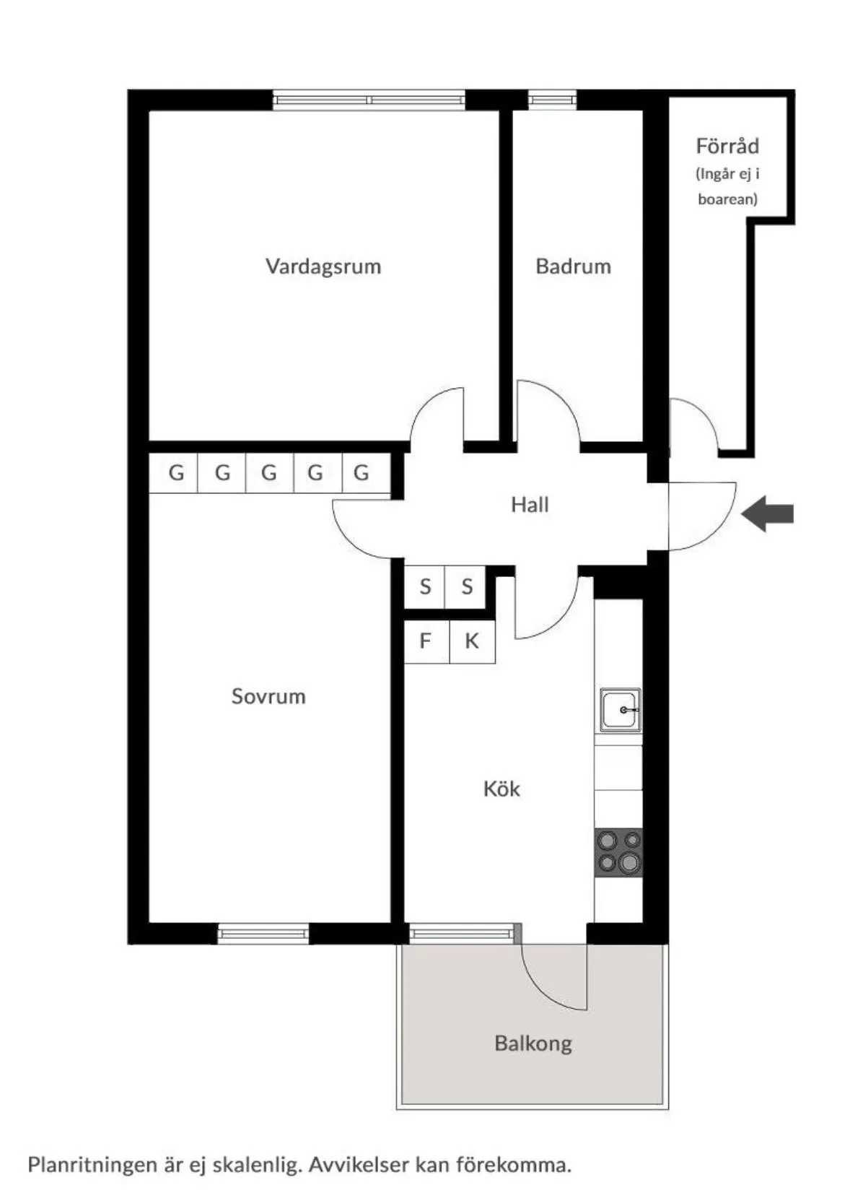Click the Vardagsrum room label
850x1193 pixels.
click(323, 266)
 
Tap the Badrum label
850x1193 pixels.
click(573, 266)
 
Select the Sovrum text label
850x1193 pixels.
click(268, 696)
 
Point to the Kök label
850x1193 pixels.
click(501, 789)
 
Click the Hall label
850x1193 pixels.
click(530, 505)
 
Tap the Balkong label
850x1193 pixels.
click(533, 1043)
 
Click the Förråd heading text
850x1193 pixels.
click(727, 147)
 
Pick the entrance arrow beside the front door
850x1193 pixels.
click(768, 514)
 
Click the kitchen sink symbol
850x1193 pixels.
click(621, 710)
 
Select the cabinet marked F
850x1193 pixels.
click(426, 641)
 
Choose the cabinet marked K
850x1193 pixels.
click(472, 641)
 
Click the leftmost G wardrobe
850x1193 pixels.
click(175, 473)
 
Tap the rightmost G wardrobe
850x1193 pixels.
click(362, 473)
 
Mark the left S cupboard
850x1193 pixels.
click(425, 586)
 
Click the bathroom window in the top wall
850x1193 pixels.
click(552, 100)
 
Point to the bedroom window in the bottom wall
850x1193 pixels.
click(263, 933)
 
